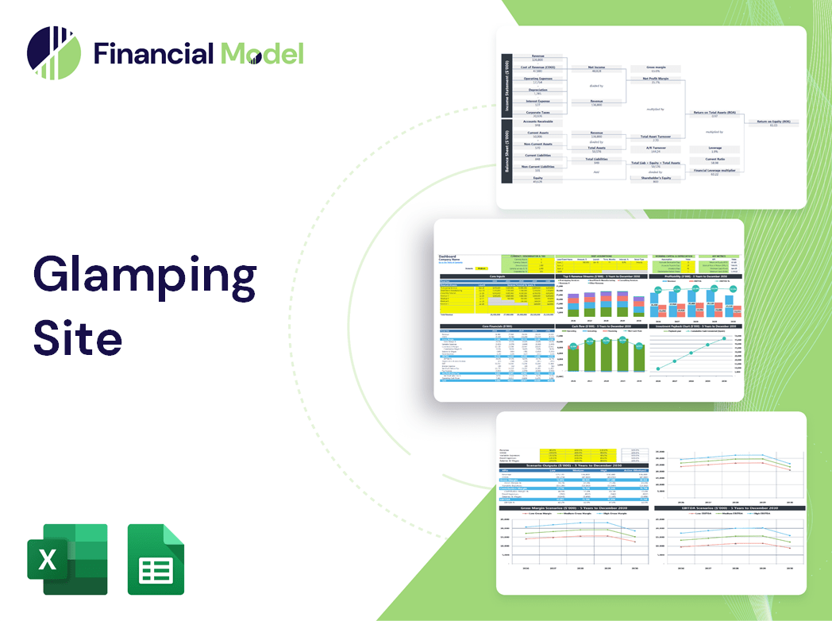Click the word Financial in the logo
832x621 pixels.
click(x=153, y=53)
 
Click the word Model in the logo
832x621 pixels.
click(x=262, y=53)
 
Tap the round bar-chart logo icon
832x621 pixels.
click(x=54, y=53)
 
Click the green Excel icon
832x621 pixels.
click(x=67, y=559)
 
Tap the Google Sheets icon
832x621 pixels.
click(x=156, y=559)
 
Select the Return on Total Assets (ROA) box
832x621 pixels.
click(x=712, y=115)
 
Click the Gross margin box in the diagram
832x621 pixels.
click(x=655, y=69)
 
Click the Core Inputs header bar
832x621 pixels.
click(x=496, y=276)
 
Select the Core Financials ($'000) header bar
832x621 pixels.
click(x=496, y=326)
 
